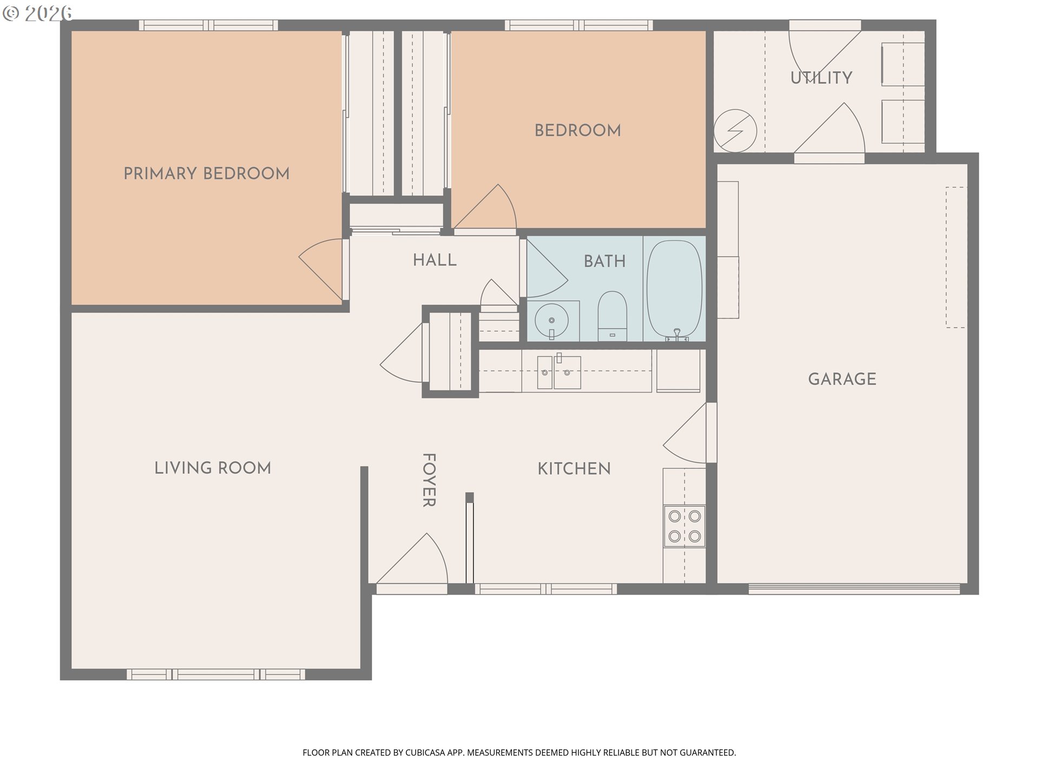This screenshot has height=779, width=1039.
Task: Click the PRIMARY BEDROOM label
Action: (206, 174)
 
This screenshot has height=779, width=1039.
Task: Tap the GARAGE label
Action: (842, 379)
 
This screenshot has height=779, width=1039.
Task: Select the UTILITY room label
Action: (821, 78)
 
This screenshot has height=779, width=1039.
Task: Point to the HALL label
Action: (435, 260)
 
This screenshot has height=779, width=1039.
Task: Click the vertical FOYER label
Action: (429, 480)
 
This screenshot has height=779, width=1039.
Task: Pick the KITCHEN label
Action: (574, 469)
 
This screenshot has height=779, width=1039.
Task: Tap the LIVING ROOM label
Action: (213, 468)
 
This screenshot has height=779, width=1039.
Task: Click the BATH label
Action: (604, 262)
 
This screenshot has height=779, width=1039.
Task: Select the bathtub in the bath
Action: (675, 291)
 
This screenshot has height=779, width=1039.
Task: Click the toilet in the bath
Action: (612, 316)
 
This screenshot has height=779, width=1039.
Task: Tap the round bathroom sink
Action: (551, 320)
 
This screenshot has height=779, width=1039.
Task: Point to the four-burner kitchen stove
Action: (685, 526)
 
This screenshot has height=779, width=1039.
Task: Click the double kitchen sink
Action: (559, 372)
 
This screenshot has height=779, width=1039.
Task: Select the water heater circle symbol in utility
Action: (735, 131)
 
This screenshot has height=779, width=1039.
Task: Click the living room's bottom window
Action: (216, 675)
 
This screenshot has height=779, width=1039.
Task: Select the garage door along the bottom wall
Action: (854, 589)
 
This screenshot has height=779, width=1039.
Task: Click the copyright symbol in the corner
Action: (11, 13)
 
